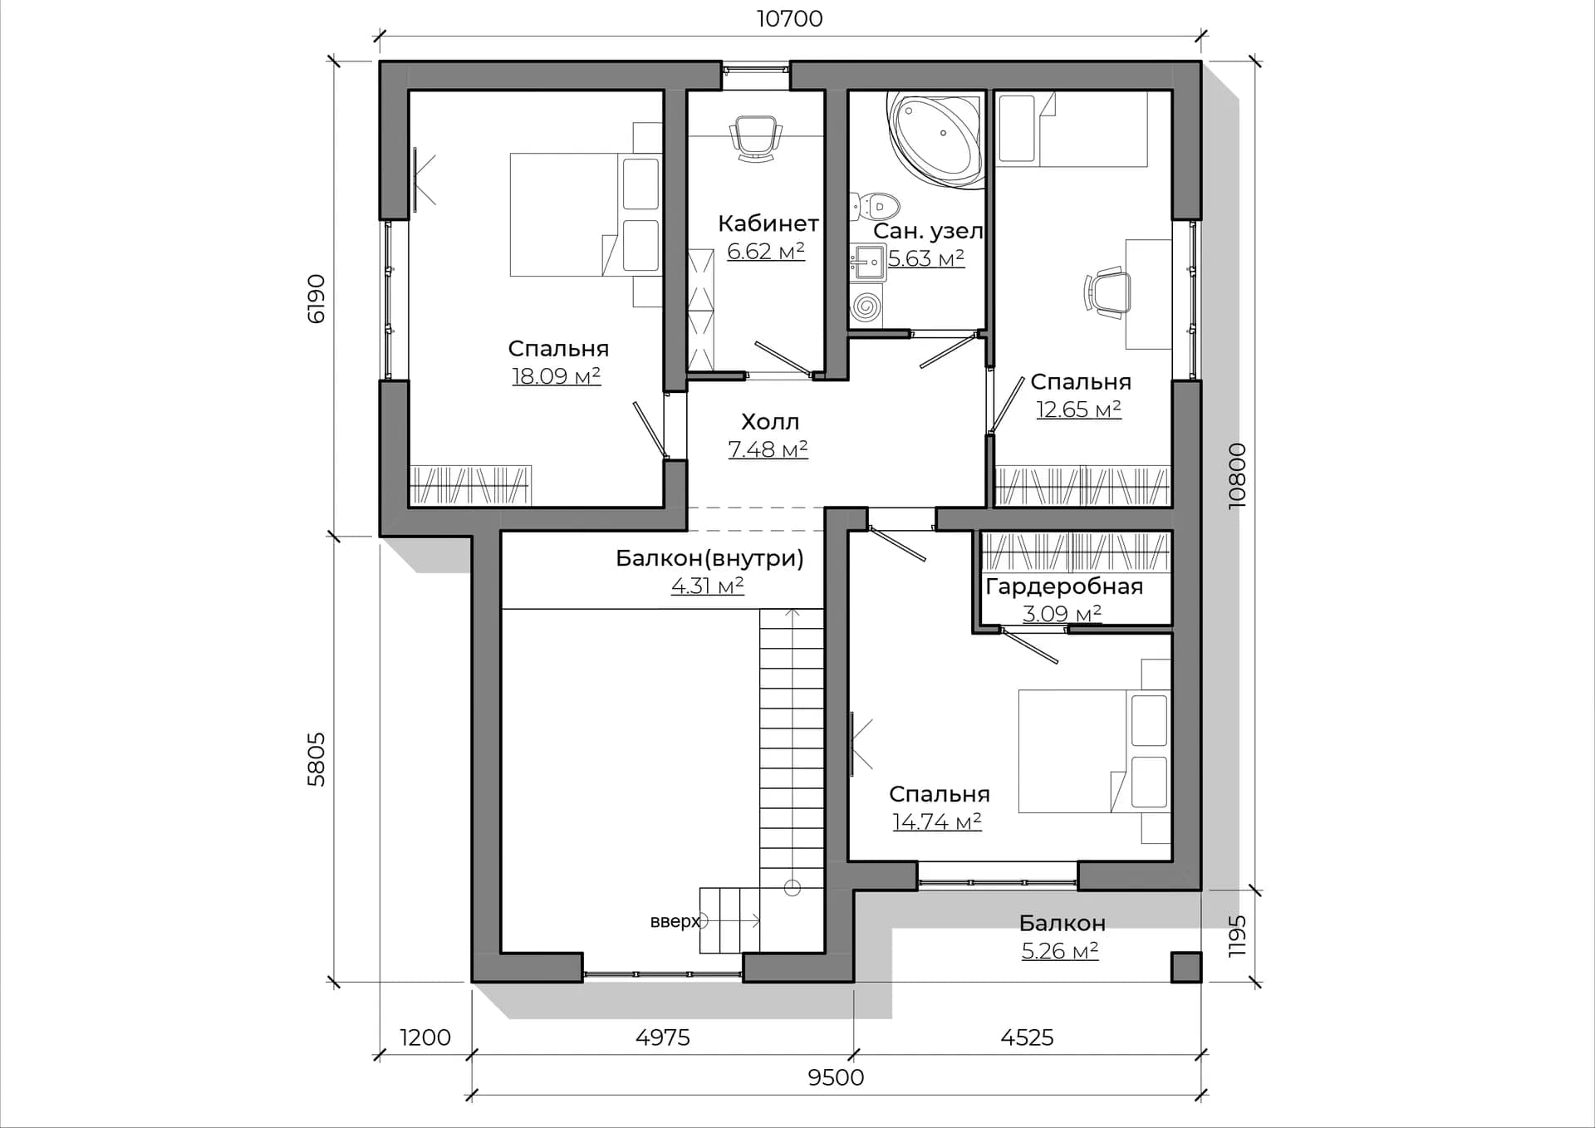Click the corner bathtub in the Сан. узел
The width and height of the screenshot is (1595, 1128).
(x=937, y=139)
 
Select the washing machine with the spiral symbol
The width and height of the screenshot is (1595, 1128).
(x=866, y=307)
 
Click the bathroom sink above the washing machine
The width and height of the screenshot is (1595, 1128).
(x=868, y=264)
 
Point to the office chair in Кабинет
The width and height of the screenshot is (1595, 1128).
(x=756, y=138)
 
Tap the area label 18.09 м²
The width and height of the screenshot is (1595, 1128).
(x=556, y=376)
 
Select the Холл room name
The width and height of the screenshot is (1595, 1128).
(x=770, y=422)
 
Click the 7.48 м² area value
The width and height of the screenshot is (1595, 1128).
(x=768, y=449)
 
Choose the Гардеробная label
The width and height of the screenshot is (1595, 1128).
(x=1064, y=586)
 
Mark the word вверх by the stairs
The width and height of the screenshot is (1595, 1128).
(x=675, y=921)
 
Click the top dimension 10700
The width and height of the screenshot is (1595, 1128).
(x=789, y=18)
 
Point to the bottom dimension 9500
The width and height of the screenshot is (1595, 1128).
(x=836, y=1077)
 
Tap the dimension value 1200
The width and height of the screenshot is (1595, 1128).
(x=425, y=1037)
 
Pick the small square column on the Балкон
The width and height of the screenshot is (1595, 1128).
(x=1185, y=968)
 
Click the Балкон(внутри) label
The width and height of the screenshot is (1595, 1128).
(x=709, y=559)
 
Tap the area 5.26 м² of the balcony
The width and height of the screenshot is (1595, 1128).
(x=1060, y=951)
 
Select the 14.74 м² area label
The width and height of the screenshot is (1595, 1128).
(x=937, y=822)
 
